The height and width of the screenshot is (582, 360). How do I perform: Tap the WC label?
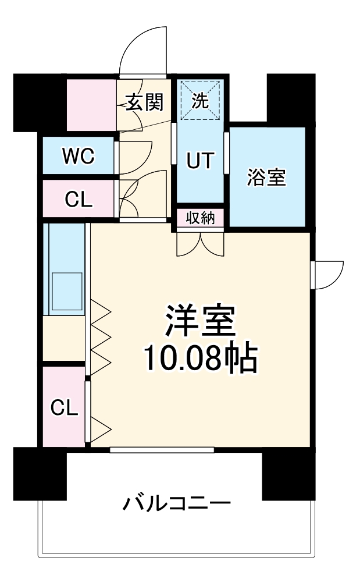click(79, 157)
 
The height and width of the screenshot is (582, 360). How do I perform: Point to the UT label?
click(201, 160)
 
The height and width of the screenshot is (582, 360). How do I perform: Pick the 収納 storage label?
click(200, 218)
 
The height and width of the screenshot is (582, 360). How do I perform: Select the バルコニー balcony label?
click(177, 503)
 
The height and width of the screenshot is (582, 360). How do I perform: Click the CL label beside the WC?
click(79, 200)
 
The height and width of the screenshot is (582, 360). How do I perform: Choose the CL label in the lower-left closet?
click(64, 408)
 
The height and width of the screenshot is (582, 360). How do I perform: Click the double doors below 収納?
click(200, 243)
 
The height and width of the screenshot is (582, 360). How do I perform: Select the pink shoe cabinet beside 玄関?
click(91, 105)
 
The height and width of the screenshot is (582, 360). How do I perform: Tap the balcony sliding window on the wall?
click(162, 449)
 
